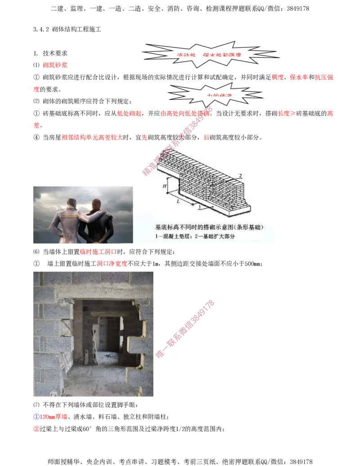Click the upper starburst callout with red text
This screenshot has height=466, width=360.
point(209,54)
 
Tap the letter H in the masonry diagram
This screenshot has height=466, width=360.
point(165,185)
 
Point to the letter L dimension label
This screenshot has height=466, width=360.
point(179,201)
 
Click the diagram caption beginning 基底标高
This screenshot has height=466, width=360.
point(202,227)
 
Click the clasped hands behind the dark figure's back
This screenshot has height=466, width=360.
point(95,235)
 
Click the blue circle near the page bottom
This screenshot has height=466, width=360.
point(36,416)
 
